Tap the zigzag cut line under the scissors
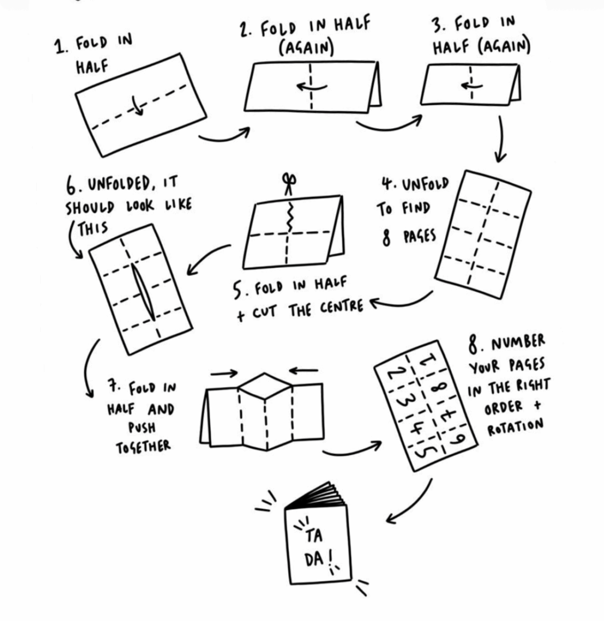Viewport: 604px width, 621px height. [290, 216]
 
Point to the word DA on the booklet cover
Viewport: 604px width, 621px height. [314, 558]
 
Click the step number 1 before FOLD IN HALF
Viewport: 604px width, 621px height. [62, 47]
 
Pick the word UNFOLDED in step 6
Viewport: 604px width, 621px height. [118, 184]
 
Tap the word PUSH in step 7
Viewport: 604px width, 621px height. [142, 427]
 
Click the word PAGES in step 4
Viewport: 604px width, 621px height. [419, 237]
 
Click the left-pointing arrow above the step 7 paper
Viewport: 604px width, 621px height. [303, 370]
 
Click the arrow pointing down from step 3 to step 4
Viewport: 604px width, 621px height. [501, 139]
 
